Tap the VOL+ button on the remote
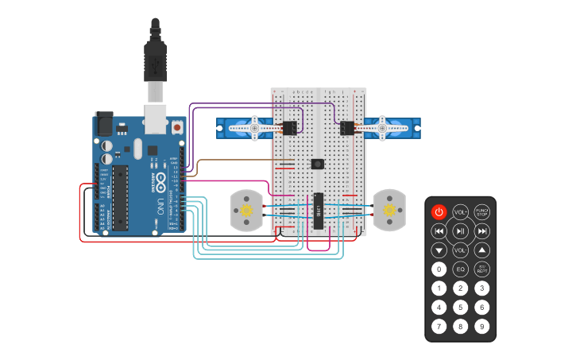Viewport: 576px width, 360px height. tap(460, 211)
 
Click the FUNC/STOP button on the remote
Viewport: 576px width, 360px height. tap(481, 211)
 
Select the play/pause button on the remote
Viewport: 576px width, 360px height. tap(460, 231)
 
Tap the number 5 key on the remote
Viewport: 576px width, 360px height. tap(460, 307)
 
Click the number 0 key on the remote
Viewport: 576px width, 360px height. tap(439, 269)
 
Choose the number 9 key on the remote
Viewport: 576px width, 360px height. tap(481, 326)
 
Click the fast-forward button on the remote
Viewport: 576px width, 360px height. tap(481, 231)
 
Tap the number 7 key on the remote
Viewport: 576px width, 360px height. tap(439, 326)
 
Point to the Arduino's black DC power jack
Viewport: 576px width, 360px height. tap(104, 123)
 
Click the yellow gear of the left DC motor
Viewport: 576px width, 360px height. tap(246, 211)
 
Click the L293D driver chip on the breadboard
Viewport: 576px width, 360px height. tap(318, 211)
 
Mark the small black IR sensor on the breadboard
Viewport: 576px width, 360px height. tap(318, 164)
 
